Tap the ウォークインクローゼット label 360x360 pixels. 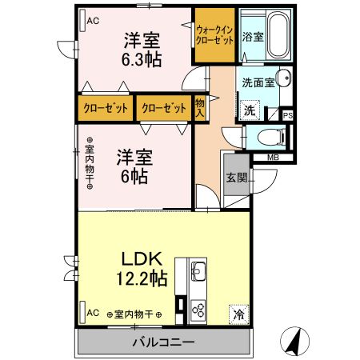214,35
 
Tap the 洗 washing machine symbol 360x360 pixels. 250,110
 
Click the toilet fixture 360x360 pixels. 270,136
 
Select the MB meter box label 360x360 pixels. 274,157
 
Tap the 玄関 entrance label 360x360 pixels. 236,178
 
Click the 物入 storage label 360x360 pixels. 199,107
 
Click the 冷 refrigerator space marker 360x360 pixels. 238,314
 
